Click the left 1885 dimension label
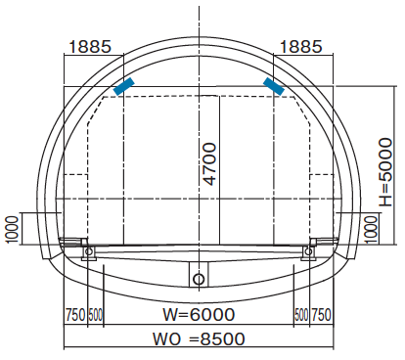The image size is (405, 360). click(x=90, y=47)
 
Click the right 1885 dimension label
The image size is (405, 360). click(x=301, y=47)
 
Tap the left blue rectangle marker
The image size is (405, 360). click(x=124, y=86)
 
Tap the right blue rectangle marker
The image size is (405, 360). click(x=274, y=86)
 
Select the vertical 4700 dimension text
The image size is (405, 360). click(x=209, y=164)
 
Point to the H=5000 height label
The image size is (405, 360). click(x=385, y=172)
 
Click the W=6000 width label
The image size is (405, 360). click(x=199, y=314)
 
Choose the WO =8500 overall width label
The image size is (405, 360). click(x=199, y=338)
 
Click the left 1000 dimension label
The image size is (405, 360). click(x=12, y=230)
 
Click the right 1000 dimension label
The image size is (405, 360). click(x=371, y=230)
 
